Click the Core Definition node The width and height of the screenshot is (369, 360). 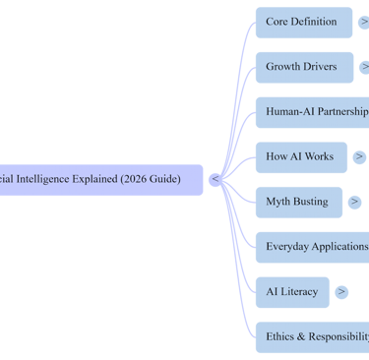(301, 22)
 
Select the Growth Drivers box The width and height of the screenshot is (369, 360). (301, 67)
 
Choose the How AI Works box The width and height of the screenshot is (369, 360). (299, 156)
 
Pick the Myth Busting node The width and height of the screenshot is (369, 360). (297, 202)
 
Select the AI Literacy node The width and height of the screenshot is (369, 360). (291, 292)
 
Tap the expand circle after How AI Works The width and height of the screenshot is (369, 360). (359, 156)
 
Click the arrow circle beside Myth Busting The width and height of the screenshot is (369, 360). (354, 202)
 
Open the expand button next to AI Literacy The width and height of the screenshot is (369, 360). (341, 292)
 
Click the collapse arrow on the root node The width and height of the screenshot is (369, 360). (215, 180)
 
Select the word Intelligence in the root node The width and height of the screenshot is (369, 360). (44, 180)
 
